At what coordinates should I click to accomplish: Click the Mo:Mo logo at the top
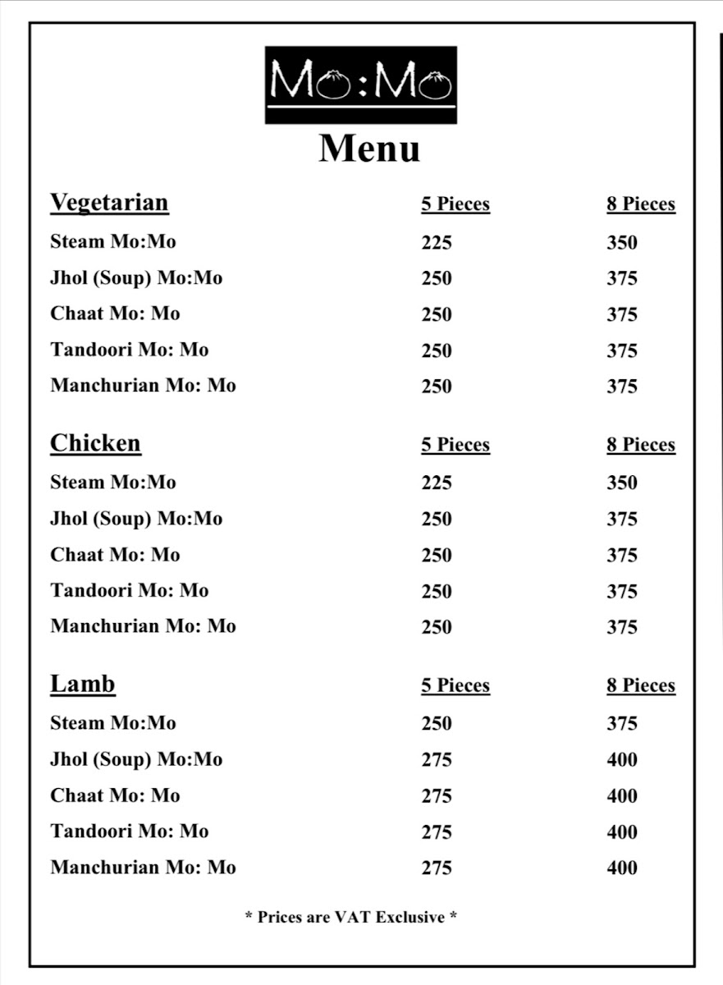click(360, 85)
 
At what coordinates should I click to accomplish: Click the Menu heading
click(369, 149)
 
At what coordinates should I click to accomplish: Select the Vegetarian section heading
click(109, 203)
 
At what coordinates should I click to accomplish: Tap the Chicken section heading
click(95, 443)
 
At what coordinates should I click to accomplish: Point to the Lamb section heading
click(83, 684)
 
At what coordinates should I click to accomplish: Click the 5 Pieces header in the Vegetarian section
click(455, 204)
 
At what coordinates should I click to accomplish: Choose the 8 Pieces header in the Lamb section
click(641, 685)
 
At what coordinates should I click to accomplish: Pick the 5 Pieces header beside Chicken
click(455, 445)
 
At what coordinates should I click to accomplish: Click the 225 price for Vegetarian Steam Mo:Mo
click(437, 243)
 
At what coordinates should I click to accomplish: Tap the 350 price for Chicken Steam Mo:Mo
click(622, 483)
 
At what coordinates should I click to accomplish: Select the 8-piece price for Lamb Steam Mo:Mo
click(622, 724)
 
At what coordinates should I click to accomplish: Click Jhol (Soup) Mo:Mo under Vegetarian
click(136, 278)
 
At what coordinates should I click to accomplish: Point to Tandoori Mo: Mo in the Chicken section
click(130, 591)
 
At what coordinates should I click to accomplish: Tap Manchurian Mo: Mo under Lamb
click(143, 868)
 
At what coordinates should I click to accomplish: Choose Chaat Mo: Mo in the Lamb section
click(115, 795)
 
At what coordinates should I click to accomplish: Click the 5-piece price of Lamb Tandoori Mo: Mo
click(437, 832)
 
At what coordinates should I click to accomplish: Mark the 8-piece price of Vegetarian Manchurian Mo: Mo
click(622, 387)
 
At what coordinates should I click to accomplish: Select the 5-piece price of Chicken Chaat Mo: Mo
click(437, 556)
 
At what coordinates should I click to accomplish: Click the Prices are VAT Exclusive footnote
click(351, 917)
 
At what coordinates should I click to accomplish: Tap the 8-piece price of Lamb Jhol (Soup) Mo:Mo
click(622, 760)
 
